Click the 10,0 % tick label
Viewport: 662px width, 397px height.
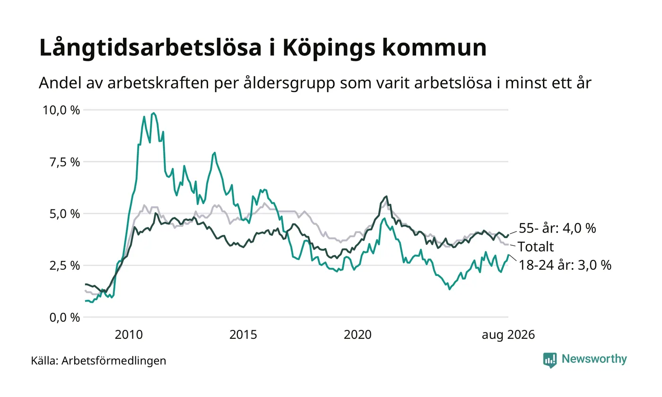[x=61, y=111]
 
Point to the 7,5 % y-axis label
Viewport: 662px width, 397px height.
[x=65, y=162]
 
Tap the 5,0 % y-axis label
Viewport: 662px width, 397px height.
[x=65, y=214]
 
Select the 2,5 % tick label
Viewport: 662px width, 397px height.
[x=65, y=266]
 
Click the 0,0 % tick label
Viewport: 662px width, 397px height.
[x=65, y=318]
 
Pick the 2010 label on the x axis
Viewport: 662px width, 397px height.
[x=129, y=335]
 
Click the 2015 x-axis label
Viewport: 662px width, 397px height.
[x=243, y=335]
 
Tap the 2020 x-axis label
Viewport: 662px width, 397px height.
[x=357, y=335]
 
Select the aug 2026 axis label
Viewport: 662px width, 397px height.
[x=508, y=335]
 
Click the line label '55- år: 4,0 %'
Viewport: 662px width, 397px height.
[x=557, y=228]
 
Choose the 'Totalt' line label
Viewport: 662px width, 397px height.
[x=536, y=247]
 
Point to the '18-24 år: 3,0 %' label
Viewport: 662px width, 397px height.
[x=565, y=265]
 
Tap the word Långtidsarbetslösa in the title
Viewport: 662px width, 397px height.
[x=150, y=48]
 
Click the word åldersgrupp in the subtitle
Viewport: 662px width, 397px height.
[x=289, y=83]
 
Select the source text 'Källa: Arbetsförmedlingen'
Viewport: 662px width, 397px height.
[x=98, y=361]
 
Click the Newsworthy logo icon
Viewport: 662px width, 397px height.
[x=549, y=360]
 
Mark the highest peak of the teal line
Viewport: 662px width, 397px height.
[x=153, y=113]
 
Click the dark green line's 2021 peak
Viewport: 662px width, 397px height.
[x=386, y=197]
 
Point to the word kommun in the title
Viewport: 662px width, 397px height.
[x=435, y=48]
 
